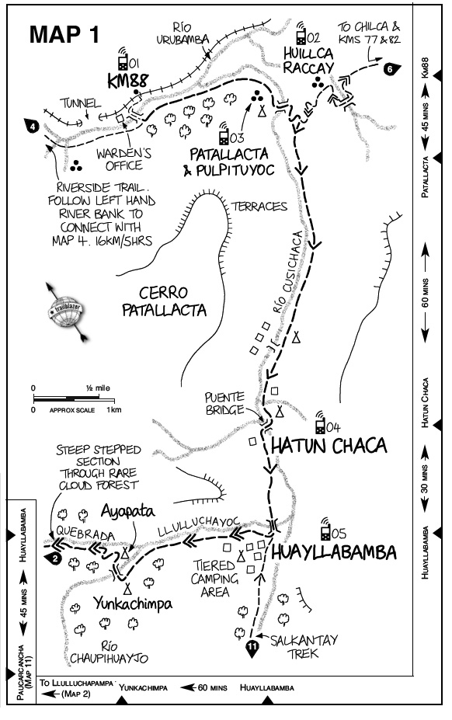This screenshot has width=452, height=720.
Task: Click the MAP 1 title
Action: pyautogui.click(x=64, y=34)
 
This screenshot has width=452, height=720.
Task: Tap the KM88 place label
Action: pyautogui.click(x=128, y=81)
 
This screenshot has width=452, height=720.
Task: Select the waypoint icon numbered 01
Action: pyautogui.click(x=123, y=57)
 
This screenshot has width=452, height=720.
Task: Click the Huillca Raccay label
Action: pyautogui.click(x=308, y=61)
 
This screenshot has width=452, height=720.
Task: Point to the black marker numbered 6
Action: pyautogui.click(x=390, y=69)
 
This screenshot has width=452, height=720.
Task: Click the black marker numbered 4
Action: pyautogui.click(x=32, y=125)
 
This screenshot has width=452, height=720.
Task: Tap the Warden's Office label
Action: pyautogui.click(x=123, y=159)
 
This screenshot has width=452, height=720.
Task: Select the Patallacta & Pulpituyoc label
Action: pyautogui.click(x=229, y=162)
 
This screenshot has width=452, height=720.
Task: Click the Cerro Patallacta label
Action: pyautogui.click(x=164, y=301)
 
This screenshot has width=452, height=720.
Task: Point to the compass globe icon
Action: pyautogui.click(x=66, y=312)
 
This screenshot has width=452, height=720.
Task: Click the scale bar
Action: pyautogui.click(x=74, y=398)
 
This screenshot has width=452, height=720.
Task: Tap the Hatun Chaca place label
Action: pyautogui.click(x=329, y=446)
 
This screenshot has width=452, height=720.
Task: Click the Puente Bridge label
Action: pyautogui.click(x=224, y=404)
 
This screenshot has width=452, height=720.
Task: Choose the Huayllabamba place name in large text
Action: pyautogui.click(x=333, y=552)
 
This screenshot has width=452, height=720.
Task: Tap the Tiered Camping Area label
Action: pyautogui.click(x=214, y=578)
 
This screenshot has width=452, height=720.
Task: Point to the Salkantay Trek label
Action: pyautogui.click(x=304, y=646)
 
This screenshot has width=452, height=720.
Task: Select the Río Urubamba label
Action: pyautogui.click(x=183, y=34)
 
